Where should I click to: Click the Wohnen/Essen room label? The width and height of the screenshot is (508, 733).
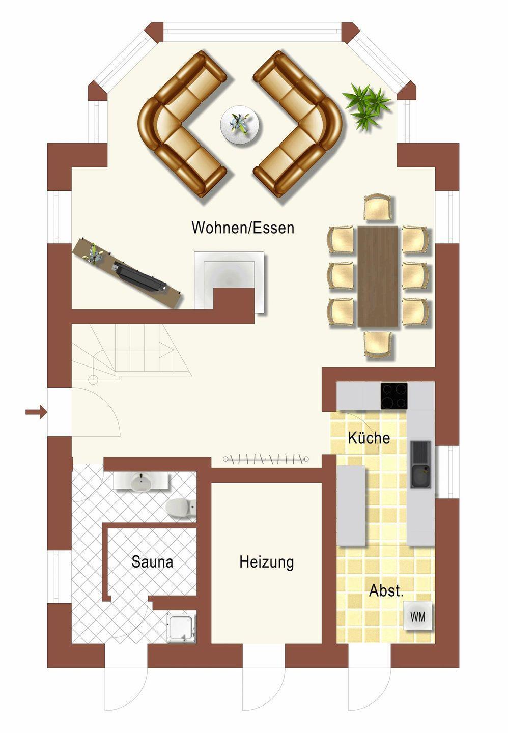click(x=242, y=228)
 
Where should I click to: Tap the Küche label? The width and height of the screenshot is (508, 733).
click(x=369, y=438)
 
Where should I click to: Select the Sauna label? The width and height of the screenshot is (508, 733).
click(x=152, y=561)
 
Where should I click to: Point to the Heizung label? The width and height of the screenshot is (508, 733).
click(x=266, y=562)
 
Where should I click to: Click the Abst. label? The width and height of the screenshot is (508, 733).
click(x=386, y=590)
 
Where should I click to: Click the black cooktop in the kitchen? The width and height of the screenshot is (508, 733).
click(x=394, y=396)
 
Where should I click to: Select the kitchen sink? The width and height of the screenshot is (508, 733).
click(x=420, y=465)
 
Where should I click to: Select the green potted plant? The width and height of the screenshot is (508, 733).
click(x=366, y=105)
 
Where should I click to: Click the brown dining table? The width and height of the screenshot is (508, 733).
click(x=378, y=276)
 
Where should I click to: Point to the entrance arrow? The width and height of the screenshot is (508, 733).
click(x=36, y=412)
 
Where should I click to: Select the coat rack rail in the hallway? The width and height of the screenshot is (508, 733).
click(x=266, y=459)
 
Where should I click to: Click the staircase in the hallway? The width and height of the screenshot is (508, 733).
click(x=131, y=352)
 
